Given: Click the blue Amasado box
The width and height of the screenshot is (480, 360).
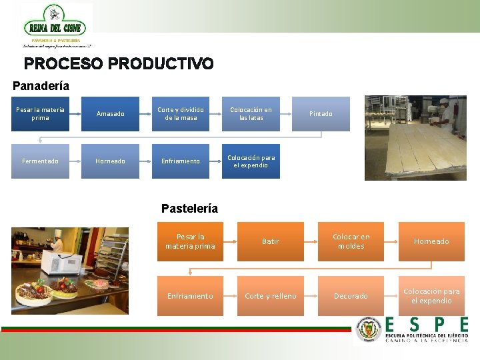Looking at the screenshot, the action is pos(110,114).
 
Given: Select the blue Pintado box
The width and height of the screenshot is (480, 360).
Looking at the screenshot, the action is pos(321,114).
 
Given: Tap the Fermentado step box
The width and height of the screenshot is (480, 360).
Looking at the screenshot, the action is pos(40,161).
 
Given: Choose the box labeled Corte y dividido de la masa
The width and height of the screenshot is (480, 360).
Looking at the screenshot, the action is pos(181,114).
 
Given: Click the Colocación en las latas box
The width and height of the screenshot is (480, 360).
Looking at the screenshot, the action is pos(251,114).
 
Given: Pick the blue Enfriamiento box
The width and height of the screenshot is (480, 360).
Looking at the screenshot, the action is pos(181,161).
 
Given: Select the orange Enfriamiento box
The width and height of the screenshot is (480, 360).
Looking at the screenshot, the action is pos(190,296).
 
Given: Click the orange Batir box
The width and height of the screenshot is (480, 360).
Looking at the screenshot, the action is pos(271,241).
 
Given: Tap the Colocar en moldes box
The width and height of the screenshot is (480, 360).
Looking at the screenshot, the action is pos(351,241).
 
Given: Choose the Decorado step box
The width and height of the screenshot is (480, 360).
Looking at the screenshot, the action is pos(351,296).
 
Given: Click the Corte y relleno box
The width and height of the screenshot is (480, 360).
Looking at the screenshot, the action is pos(271,296).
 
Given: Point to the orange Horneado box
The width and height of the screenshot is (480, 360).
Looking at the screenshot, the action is pos(431,241).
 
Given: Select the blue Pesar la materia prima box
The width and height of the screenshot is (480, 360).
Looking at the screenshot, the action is pos(40,114).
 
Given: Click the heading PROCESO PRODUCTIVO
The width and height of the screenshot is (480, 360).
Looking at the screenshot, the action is pos(119,64).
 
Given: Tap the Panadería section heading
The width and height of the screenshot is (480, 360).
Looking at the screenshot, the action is pos(41,86).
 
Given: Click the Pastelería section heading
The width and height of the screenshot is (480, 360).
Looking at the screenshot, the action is pos(189,209).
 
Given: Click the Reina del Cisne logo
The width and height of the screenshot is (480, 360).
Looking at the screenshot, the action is pos(57,26).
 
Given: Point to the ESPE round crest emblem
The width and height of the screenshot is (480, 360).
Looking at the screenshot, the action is pos(369,329).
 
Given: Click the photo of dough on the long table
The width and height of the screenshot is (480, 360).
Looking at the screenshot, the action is pos(415,138).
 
